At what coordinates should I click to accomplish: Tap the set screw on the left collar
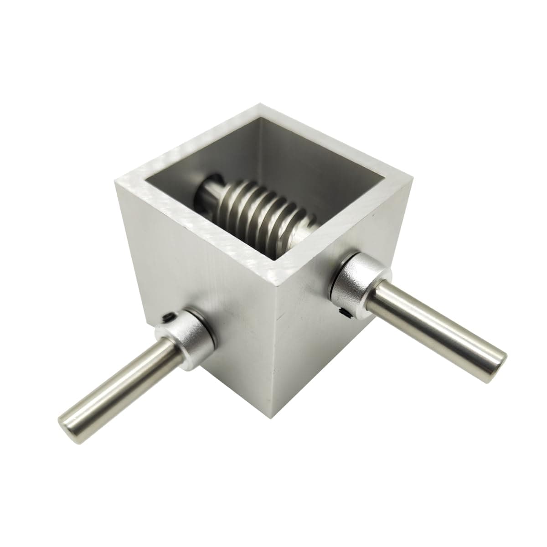click(x=167, y=316)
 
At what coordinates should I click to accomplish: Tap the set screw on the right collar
click(x=343, y=311)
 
